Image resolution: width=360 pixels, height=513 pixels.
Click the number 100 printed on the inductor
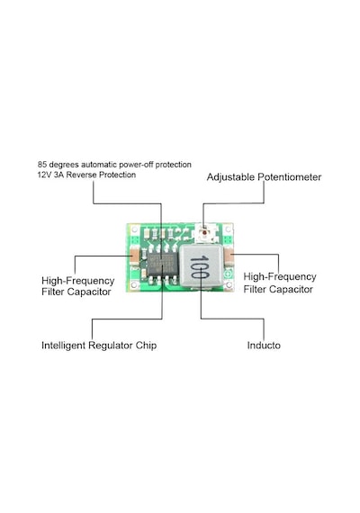199,266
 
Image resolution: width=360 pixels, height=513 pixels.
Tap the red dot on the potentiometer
205,232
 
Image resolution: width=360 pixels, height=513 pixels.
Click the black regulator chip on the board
163,264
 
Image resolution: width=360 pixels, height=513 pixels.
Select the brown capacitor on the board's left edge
134,256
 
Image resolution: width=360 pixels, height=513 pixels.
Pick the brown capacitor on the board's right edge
229,256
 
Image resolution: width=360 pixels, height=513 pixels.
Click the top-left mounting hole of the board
134,229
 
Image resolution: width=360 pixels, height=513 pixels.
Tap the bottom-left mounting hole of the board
134,285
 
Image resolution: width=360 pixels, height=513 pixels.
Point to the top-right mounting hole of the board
228,229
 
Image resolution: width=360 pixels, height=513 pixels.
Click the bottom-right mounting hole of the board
229,285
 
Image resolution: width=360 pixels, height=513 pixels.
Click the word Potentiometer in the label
290,177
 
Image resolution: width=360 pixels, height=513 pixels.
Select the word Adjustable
230,177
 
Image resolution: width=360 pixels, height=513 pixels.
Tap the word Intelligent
64,346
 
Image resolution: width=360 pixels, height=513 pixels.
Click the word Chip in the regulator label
147,346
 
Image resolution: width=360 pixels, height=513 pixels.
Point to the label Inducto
264,346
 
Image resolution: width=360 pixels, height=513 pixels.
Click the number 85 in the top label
41,164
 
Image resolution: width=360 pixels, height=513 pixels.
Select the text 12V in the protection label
44,175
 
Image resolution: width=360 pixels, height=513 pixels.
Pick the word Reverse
82,175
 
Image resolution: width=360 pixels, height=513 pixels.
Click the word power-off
136,165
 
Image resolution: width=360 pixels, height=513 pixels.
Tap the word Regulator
111,346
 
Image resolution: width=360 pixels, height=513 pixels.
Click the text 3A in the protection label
58,175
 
